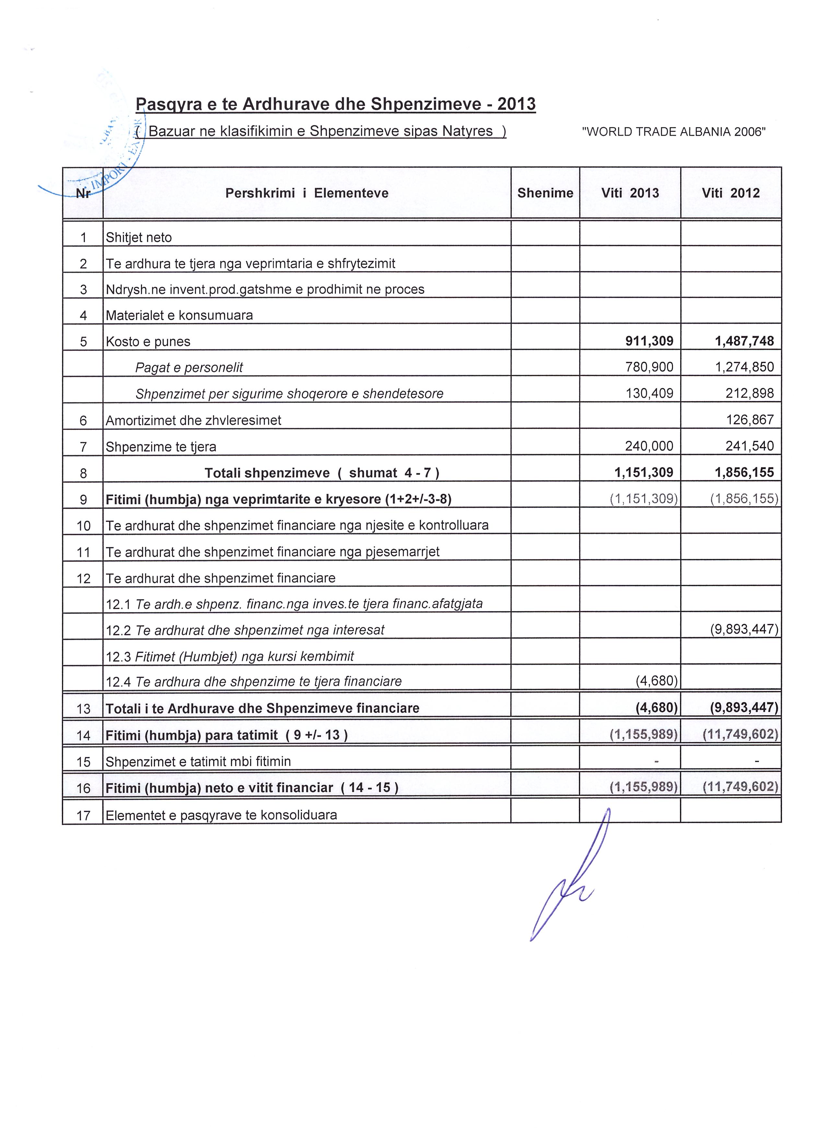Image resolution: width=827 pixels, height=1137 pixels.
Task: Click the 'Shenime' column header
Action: point(545,193)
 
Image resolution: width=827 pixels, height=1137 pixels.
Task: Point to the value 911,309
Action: point(649,341)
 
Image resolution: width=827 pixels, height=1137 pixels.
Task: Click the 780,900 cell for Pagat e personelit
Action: point(649,367)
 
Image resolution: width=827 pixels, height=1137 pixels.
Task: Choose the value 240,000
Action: point(649,446)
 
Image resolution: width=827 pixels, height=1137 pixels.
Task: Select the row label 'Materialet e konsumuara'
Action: point(179,315)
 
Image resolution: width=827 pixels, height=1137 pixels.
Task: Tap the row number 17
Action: point(83,815)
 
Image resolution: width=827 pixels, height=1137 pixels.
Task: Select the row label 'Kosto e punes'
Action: point(148,342)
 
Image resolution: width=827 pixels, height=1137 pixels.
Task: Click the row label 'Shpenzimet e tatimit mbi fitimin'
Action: point(198,762)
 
